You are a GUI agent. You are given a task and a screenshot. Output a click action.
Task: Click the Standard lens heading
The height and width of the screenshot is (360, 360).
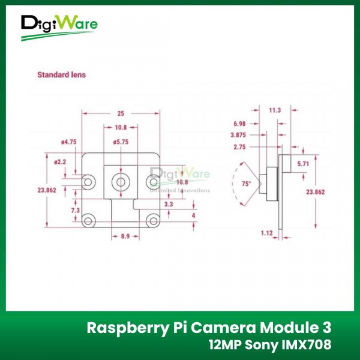tap(61, 75)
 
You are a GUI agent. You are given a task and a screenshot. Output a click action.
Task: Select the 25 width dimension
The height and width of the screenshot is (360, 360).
tap(121, 113)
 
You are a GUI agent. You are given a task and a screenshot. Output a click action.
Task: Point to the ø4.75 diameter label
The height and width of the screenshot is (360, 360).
tap(68, 142)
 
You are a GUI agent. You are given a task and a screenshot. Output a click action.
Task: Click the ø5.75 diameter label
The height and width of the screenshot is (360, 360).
tap(121, 142)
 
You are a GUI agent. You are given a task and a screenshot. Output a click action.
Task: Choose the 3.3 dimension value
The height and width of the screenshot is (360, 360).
tap(168, 205)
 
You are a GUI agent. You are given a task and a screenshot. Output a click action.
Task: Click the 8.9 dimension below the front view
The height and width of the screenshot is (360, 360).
tap(125, 237)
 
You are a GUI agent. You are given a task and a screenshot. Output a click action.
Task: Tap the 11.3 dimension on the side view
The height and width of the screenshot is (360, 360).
tap(275, 110)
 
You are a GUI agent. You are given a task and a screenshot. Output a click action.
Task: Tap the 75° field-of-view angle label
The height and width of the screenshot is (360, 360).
tap(246, 185)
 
